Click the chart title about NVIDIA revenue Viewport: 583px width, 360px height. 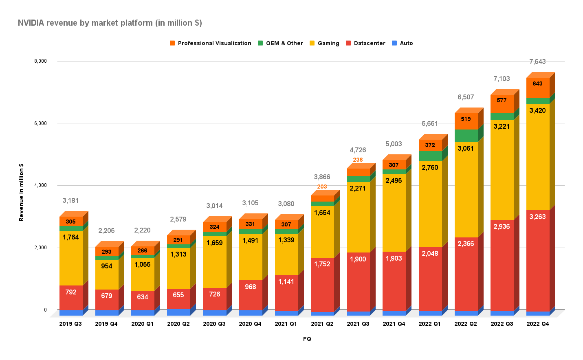coord(110,23)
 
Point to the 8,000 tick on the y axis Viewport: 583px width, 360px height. coord(40,61)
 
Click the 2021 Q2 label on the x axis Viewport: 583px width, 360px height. coord(322,324)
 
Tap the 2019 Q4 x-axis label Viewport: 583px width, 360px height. coord(106,324)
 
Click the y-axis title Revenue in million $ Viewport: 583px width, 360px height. coord(21,192)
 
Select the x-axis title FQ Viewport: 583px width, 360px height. coord(307,339)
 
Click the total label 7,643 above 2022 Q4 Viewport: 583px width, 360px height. coord(537,61)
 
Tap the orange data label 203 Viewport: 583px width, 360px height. coord(322,187)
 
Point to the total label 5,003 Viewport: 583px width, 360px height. coord(394,144)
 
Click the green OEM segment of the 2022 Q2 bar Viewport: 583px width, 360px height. coord(466,136)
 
